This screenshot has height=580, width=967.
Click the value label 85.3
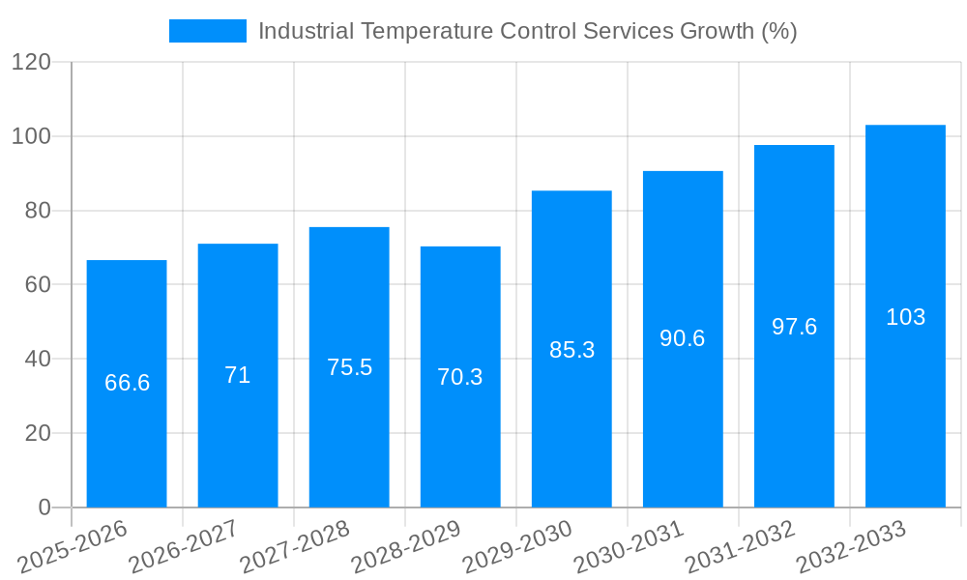(571, 350)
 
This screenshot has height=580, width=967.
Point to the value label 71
(238, 375)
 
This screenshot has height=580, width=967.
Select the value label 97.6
(794, 327)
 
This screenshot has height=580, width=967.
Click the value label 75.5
(349, 367)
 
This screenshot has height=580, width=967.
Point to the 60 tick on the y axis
(38, 284)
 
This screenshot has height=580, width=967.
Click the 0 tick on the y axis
(44, 507)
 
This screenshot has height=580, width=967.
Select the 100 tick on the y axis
(31, 136)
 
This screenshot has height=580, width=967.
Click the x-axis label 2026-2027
(184, 547)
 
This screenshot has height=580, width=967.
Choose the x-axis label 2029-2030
(517, 547)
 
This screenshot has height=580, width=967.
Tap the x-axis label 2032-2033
(851, 547)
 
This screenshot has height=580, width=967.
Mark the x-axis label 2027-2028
(295, 547)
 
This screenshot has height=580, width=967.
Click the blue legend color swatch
(207, 31)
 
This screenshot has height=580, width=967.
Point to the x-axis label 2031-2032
(740, 547)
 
